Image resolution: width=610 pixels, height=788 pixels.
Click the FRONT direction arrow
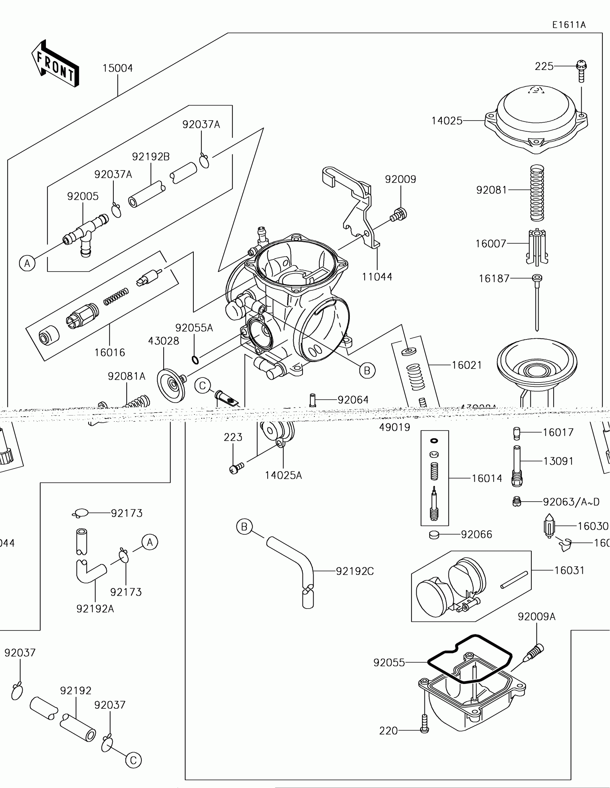(x=55, y=64)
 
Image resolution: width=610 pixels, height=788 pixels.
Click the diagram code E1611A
(x=569, y=25)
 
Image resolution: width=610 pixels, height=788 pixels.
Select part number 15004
(x=118, y=68)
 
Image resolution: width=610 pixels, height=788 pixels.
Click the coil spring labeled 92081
(x=537, y=193)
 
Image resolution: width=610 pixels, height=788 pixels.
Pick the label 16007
(x=491, y=244)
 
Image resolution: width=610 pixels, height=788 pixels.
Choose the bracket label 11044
(x=377, y=277)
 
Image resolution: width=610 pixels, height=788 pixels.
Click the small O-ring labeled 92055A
(x=195, y=360)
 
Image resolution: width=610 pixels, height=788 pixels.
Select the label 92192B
(x=150, y=156)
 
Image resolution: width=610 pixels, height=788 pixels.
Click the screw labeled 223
(x=236, y=468)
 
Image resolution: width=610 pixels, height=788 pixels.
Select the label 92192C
(x=355, y=571)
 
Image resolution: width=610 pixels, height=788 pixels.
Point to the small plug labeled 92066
(x=434, y=535)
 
